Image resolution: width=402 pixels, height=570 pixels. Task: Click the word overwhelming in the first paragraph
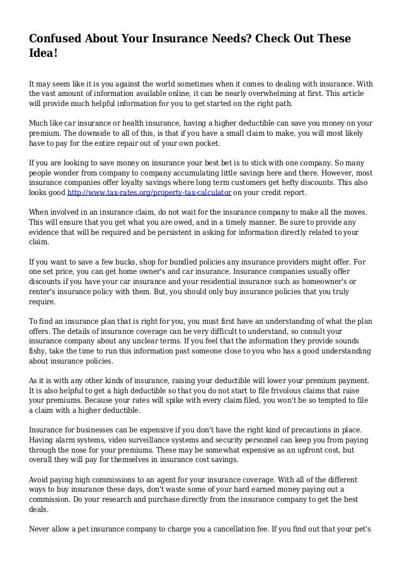[272, 92]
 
